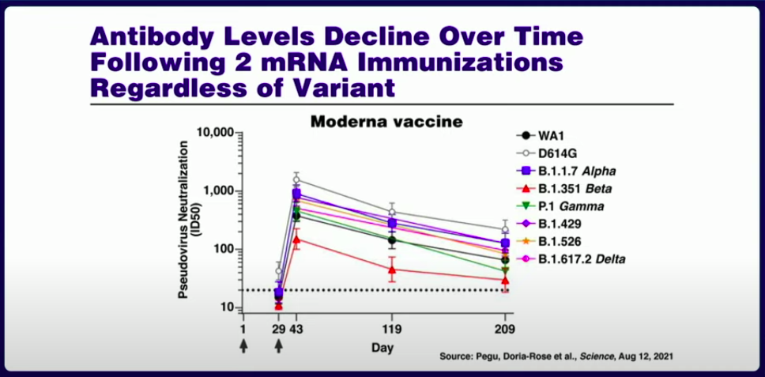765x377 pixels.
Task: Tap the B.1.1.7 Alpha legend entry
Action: (x=567, y=172)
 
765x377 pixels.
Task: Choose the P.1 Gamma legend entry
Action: (x=561, y=206)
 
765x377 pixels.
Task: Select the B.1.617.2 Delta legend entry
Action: (x=571, y=259)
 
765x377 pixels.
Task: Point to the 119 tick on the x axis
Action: (x=392, y=330)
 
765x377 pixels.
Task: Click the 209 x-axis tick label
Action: (x=505, y=330)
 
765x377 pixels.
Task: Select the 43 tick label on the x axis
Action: (x=296, y=330)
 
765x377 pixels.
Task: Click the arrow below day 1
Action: (x=243, y=346)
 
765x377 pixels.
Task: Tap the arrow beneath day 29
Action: (x=279, y=346)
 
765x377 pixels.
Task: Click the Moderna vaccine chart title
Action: (x=386, y=122)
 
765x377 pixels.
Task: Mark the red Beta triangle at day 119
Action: (x=392, y=270)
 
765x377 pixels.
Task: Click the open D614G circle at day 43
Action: (x=296, y=179)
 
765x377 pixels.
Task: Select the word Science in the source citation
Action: (x=597, y=356)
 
